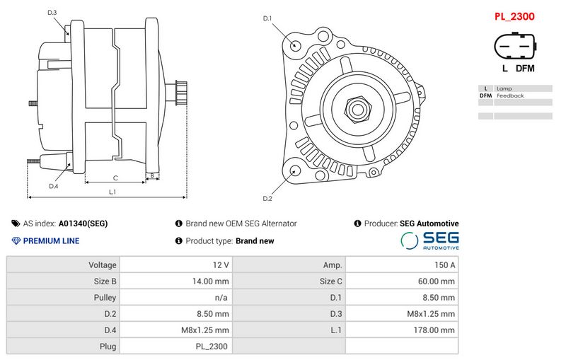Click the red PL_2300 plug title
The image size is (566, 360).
tap(514, 16)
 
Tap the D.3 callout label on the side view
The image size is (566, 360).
tap(52, 13)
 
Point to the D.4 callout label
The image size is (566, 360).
tap(54, 186)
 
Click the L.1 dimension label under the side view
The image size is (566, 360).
tap(112, 192)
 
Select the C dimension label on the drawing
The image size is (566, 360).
tap(115, 178)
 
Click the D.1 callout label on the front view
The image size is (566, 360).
tap(267, 18)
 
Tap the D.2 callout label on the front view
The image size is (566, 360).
tap(267, 199)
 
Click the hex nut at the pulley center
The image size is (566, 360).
tap(358, 110)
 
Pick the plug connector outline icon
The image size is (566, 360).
tap(515, 46)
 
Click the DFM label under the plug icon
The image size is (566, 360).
tap(525, 68)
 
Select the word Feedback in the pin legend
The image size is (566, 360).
tap(510, 95)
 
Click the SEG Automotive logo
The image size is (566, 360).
tap(430, 240)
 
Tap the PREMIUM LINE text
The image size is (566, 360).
tap(51, 240)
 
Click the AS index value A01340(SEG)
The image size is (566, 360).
tap(83, 223)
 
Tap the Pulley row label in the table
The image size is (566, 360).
tap(105, 298)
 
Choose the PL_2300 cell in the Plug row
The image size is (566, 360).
tap(212, 347)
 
